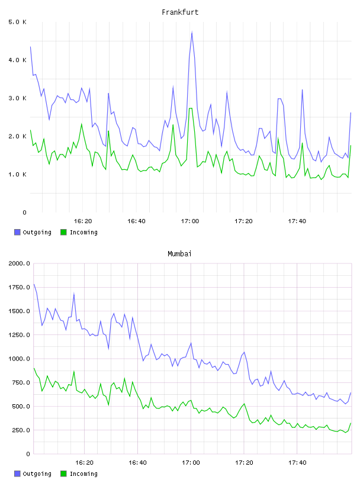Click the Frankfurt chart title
tap(180, 12)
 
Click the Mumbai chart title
tap(179, 254)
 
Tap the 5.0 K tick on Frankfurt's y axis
tap(17, 22)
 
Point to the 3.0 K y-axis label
tap(17, 98)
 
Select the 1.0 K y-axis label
tap(17, 175)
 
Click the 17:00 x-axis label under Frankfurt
tap(190, 221)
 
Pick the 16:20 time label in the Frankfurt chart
tap(83, 221)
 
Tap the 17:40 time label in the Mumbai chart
tap(297, 463)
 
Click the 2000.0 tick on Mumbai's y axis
tap(19, 263)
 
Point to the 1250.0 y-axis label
tap(19, 335)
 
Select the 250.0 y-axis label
tap(21, 430)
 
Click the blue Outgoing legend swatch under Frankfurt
tap(17, 232)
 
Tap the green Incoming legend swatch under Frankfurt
tap(63, 232)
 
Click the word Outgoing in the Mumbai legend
tap(37, 474)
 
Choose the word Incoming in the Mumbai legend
tap(83, 474)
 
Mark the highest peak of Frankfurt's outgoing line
tap(192, 32)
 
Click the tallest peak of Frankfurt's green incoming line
tap(191, 108)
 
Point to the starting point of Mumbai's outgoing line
tap(34, 284)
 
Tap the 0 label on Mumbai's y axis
tap(28, 454)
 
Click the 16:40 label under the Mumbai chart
tap(137, 463)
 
